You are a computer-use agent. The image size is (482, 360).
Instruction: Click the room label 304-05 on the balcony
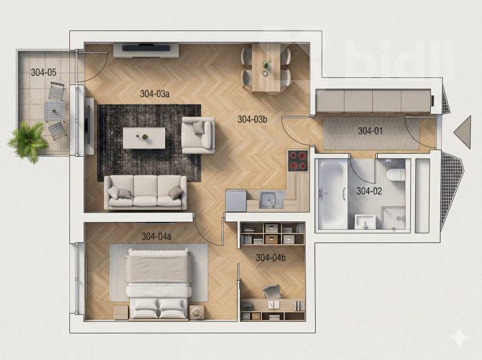(43, 72)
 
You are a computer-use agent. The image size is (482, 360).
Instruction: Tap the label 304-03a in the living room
(155, 93)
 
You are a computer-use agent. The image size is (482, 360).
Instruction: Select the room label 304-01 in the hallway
(370, 131)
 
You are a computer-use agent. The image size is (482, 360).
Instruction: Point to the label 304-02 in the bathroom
(369, 191)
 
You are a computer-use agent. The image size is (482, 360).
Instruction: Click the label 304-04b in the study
(271, 257)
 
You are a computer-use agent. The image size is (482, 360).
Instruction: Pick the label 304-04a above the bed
(157, 236)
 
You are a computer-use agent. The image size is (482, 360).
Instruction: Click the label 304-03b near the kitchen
(252, 119)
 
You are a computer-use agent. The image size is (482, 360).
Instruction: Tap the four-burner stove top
(298, 160)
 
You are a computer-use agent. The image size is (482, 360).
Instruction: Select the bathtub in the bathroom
(331, 194)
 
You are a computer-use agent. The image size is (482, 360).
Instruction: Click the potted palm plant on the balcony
(28, 142)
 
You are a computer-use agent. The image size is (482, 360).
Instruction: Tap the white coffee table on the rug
(144, 138)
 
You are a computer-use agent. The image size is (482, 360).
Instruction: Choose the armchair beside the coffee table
(198, 135)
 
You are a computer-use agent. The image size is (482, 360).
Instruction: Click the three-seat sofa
(145, 192)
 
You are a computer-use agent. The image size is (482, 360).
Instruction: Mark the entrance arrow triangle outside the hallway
(462, 132)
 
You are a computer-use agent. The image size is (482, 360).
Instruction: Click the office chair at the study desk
(272, 291)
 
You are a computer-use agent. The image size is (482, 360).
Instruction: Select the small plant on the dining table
(266, 65)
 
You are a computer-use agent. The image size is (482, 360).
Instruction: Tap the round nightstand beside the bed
(196, 313)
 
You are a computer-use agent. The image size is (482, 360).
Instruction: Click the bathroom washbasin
(365, 221)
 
